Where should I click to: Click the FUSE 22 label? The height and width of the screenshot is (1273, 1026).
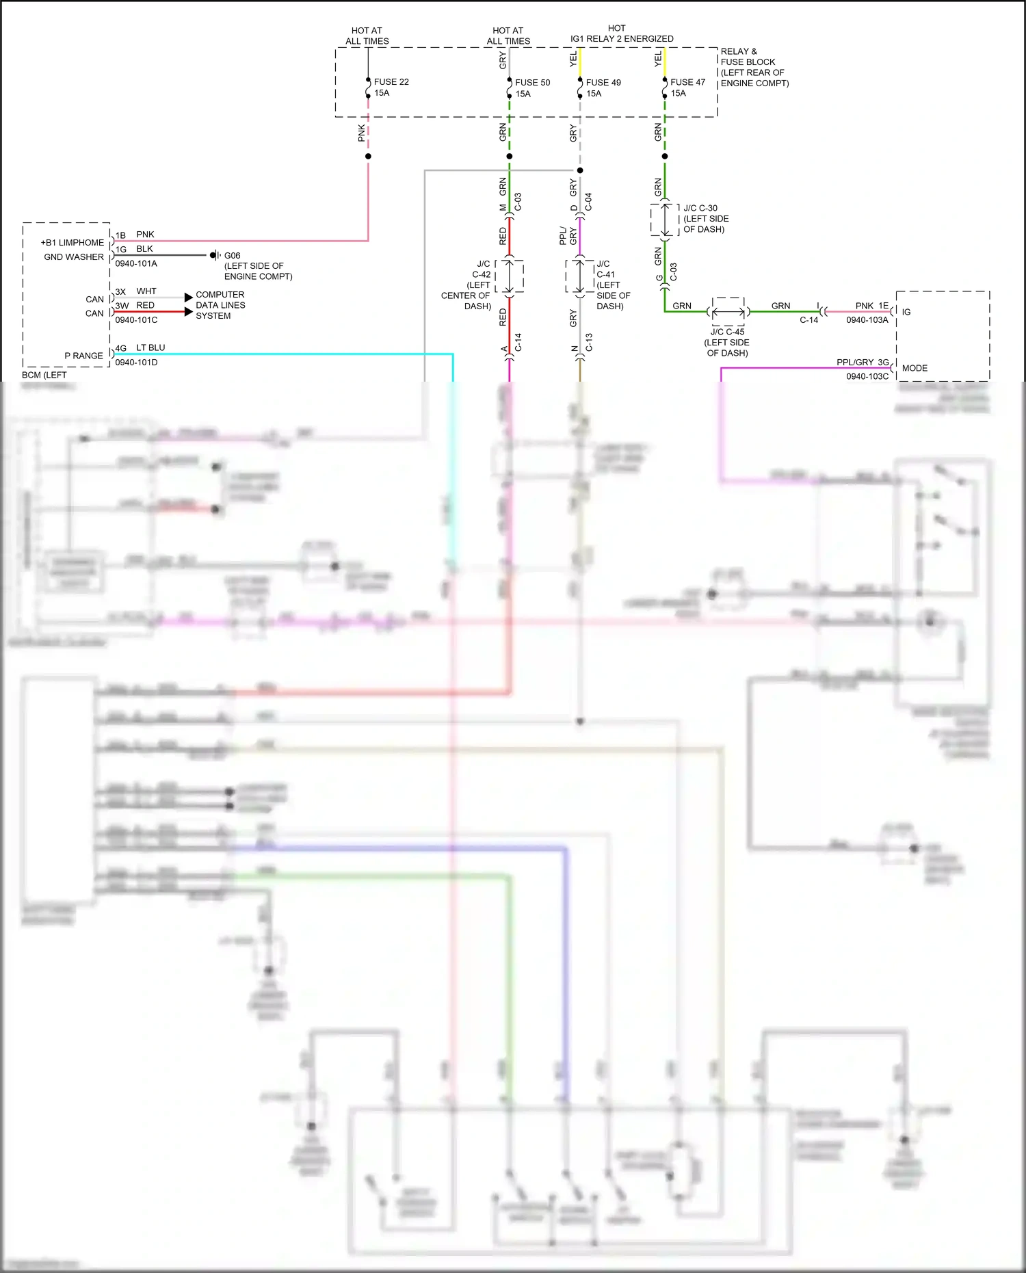(x=391, y=82)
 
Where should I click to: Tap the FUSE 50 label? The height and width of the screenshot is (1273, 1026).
(x=532, y=83)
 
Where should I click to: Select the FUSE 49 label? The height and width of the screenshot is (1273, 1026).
(x=603, y=83)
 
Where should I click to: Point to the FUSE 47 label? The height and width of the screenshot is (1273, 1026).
(x=687, y=83)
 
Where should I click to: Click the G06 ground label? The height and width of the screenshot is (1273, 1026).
(x=233, y=256)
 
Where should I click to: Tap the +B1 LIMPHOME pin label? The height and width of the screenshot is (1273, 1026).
(x=73, y=243)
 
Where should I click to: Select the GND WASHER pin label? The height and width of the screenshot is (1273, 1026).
(x=74, y=257)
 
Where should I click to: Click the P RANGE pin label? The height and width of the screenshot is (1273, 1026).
(x=83, y=356)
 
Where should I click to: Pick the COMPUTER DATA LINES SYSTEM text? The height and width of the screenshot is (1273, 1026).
(x=220, y=305)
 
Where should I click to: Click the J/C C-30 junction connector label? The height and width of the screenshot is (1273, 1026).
(x=700, y=208)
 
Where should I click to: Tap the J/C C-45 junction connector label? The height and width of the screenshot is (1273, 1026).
(x=727, y=332)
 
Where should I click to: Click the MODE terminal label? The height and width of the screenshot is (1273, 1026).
(x=915, y=368)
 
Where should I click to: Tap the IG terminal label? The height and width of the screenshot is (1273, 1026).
(x=906, y=312)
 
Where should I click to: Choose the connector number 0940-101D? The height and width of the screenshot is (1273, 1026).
(x=136, y=363)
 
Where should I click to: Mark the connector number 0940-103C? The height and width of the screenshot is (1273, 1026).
(x=867, y=377)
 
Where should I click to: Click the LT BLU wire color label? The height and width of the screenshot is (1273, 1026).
(x=150, y=347)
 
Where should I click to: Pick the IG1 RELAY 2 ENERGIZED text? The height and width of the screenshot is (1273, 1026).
(x=622, y=39)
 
